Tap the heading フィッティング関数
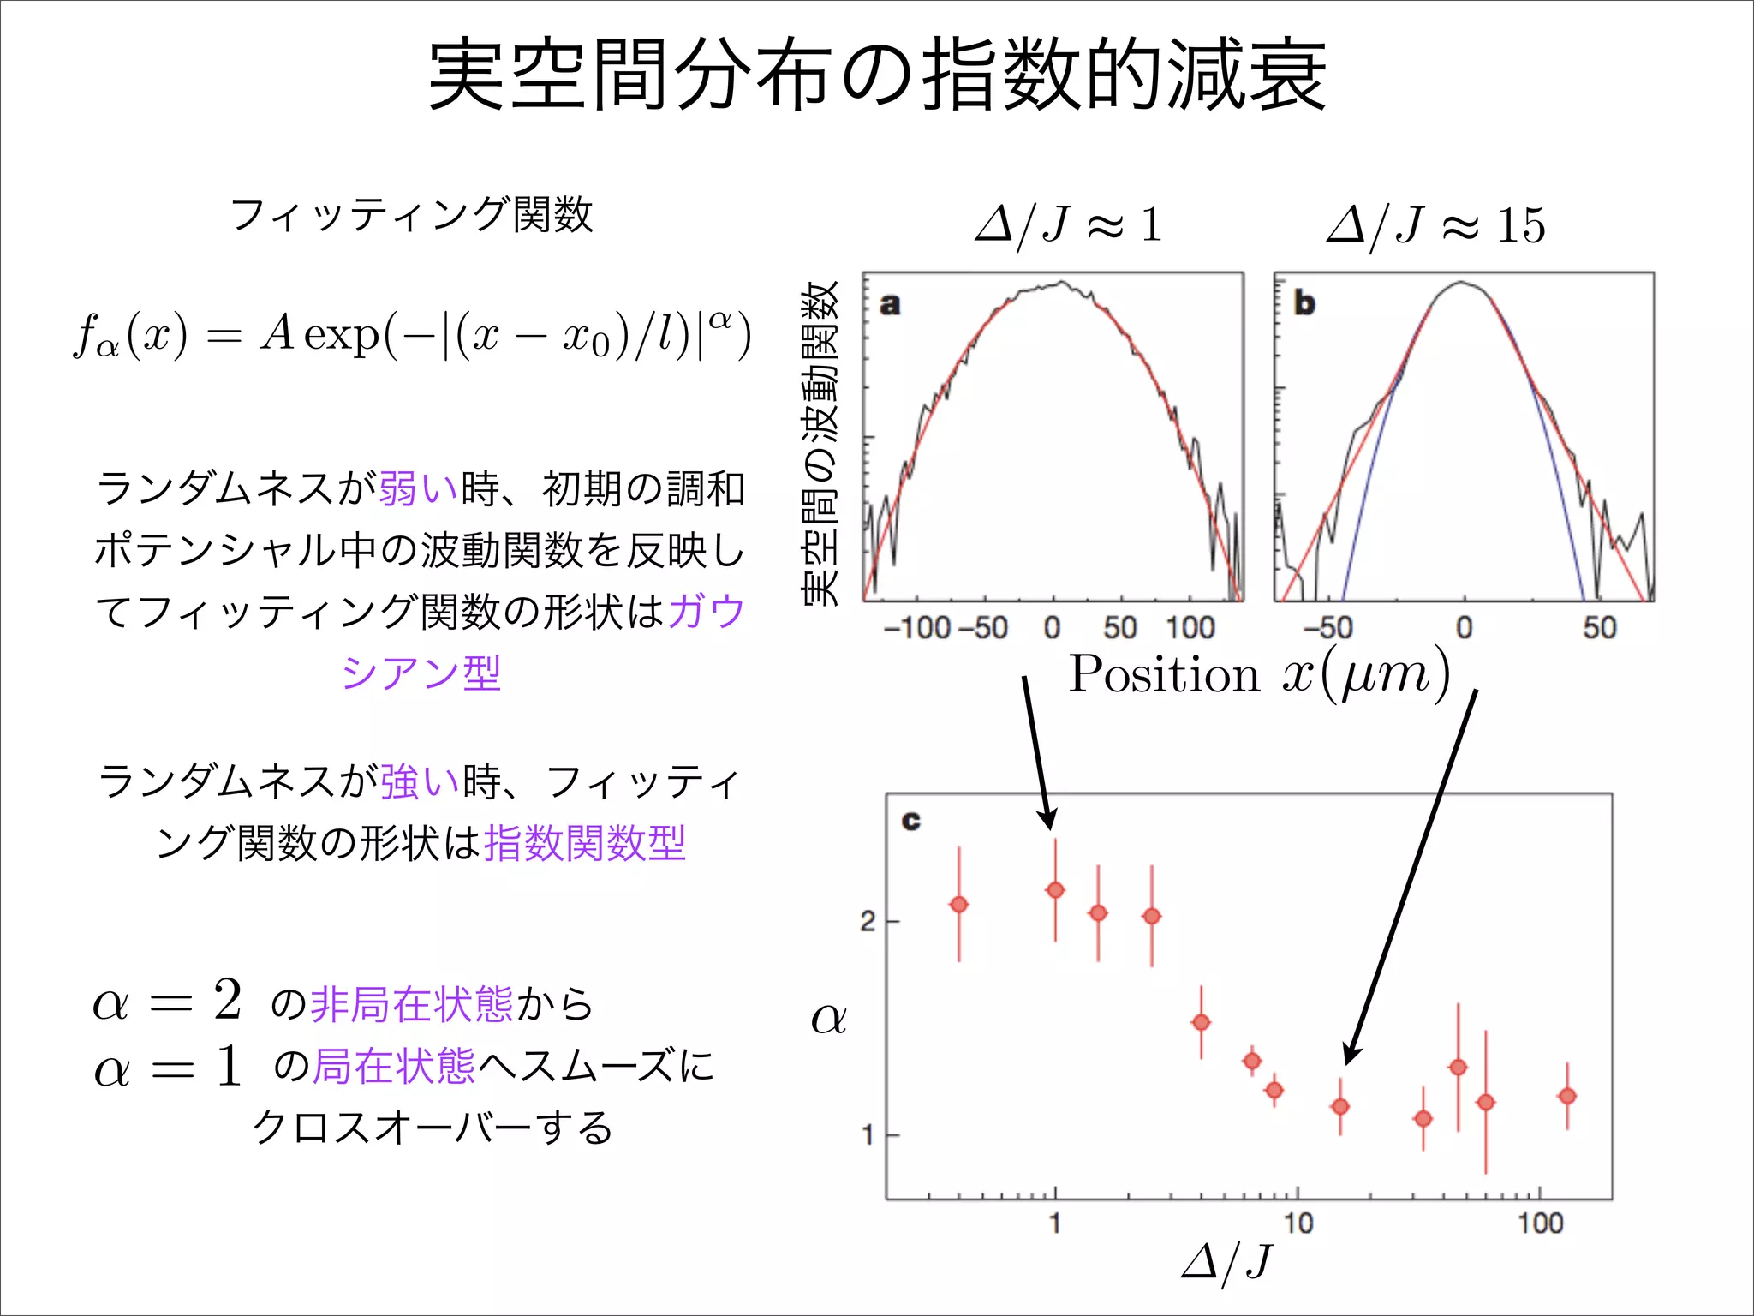click(411, 214)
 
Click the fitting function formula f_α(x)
click(411, 334)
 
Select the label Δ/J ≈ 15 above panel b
click(1435, 225)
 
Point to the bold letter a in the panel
click(890, 304)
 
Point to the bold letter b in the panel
click(1304, 303)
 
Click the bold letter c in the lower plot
click(910, 821)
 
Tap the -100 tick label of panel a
click(916, 628)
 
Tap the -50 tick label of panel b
click(1327, 628)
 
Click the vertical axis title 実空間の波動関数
click(820, 443)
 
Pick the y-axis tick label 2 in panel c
click(868, 922)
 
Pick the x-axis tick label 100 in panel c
click(1540, 1223)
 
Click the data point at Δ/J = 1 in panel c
click(1055, 890)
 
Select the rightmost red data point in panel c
click(1567, 1096)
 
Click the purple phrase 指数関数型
click(585, 843)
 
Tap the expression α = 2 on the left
click(168, 1001)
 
